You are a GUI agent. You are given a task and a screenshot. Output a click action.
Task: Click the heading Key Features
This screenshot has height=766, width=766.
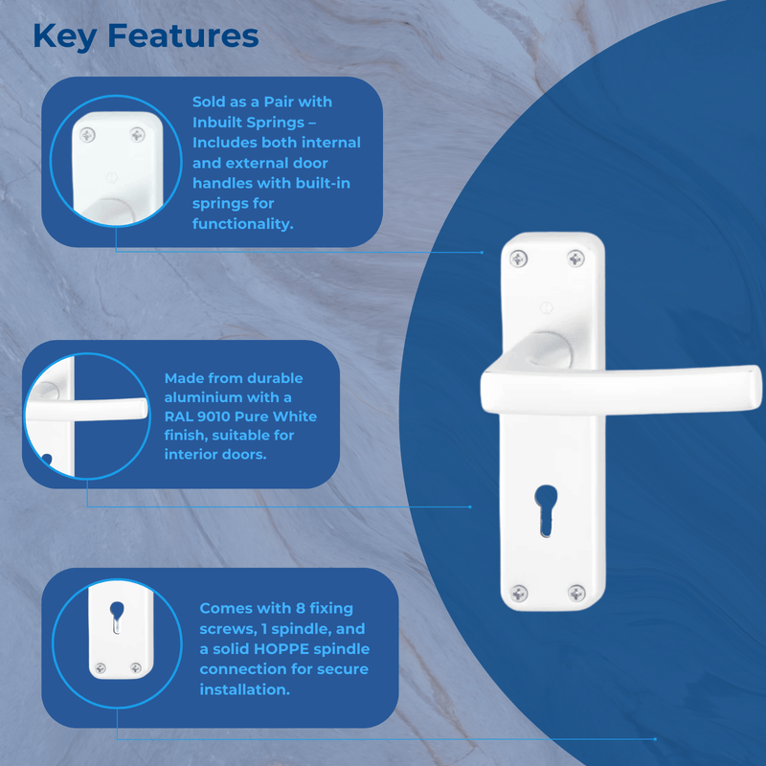coord(146,35)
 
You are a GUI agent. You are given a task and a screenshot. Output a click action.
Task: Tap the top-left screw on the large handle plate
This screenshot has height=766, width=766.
coord(518,258)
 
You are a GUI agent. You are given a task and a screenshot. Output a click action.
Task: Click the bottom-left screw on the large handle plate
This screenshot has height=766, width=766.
coord(518,593)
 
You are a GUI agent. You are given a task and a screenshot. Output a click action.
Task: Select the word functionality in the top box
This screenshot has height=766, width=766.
coord(241,223)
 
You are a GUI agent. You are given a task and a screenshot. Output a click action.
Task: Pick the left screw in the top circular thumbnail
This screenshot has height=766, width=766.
coord(88,136)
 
